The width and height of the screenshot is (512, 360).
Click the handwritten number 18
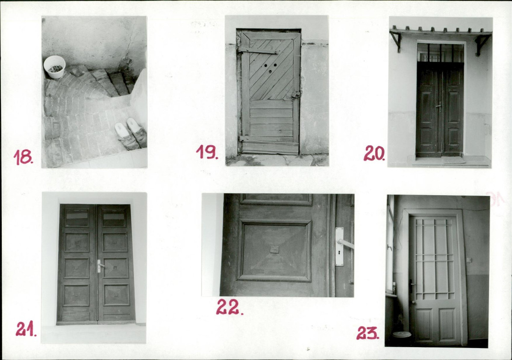click(x=23, y=157)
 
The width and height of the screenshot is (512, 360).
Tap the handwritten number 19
click(x=207, y=152)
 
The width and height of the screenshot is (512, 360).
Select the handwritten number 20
click(x=374, y=153)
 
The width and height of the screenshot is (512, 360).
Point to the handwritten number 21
click(x=26, y=329)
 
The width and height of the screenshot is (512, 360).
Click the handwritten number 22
click(x=230, y=307)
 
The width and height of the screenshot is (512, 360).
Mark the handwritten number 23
click(x=368, y=333)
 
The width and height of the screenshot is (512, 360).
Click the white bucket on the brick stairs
click(x=55, y=67)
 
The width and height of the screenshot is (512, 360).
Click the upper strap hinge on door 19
click(x=258, y=50)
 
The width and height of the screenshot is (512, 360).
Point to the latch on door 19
click(x=295, y=95)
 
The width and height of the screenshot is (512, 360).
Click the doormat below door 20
click(x=453, y=161)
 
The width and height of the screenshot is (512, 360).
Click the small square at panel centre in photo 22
click(x=275, y=250)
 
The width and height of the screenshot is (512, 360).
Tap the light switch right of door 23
click(x=469, y=260)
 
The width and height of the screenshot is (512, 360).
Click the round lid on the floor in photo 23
click(x=400, y=334)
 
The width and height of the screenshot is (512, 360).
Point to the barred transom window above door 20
click(x=441, y=53)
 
